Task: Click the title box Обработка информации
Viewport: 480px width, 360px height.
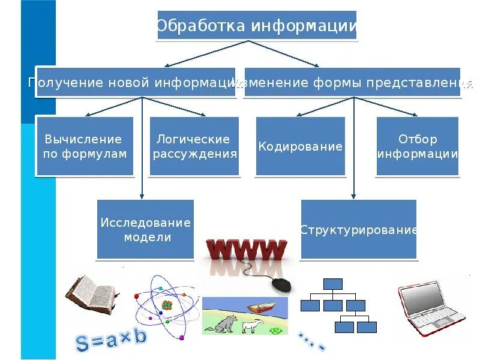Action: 257,26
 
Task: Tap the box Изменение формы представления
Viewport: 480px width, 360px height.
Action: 354,82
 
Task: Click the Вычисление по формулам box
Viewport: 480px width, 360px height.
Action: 85,146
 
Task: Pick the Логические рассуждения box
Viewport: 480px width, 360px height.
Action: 194,146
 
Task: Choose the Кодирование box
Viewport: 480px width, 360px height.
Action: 301,146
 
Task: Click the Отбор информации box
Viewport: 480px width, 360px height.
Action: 418,146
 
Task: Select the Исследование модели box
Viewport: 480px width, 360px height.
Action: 145,229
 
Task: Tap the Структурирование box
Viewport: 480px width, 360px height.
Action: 358,229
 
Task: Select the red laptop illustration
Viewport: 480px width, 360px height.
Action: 431,306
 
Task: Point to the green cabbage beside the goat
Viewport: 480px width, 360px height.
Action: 275,329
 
